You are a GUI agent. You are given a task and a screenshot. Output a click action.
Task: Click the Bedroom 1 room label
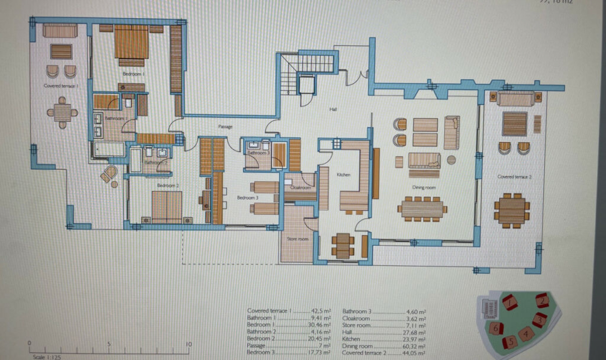coord(134,74)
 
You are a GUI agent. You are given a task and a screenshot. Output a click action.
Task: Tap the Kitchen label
coord(343,175)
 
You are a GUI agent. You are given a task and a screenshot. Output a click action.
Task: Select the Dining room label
coord(424,187)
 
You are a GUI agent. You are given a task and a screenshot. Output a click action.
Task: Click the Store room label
coord(297,239)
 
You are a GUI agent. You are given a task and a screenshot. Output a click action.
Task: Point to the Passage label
coord(225,127)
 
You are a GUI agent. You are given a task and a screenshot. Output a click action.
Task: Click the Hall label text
coord(333,109)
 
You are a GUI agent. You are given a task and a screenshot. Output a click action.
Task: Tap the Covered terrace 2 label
coord(514,177)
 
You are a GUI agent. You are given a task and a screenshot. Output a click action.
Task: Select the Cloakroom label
coord(300,188)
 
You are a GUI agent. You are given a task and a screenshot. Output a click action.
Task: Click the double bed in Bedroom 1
coord(131,42)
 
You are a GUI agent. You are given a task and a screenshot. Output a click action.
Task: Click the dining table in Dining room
coord(422,209)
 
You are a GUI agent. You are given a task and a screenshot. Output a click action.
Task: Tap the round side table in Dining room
coord(451,160)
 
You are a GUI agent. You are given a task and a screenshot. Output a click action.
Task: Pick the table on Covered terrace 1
coord(62,112)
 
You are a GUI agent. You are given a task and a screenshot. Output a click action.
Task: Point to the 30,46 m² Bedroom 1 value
coord(319,325)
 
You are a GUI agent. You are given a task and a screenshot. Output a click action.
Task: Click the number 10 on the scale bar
coord(188,344)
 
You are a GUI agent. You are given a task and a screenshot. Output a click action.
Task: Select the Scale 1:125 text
coord(47,357)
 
